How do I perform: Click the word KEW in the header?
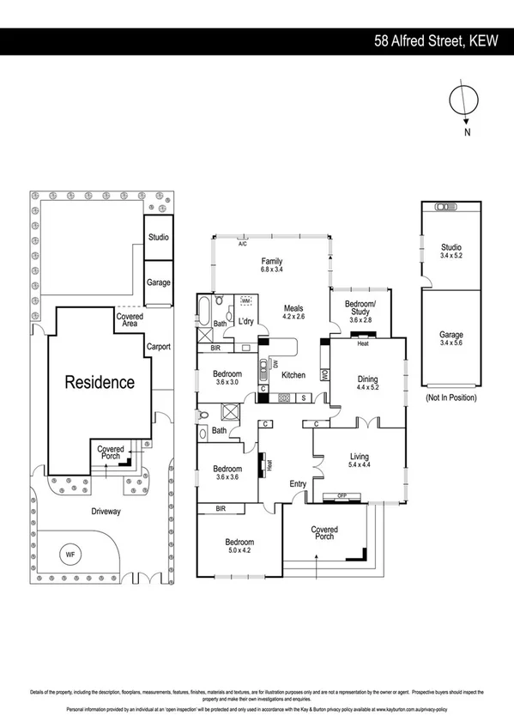[489, 40]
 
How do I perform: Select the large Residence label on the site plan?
[100, 382]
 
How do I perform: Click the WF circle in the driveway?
[70, 555]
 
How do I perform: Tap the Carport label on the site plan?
[158, 347]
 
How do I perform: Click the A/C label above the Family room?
[244, 244]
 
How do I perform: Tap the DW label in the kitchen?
[275, 364]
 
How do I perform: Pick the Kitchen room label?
[294, 375]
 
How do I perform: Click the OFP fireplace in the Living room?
[341, 495]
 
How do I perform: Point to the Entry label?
[298, 485]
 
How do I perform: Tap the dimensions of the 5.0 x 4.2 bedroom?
[239, 552]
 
